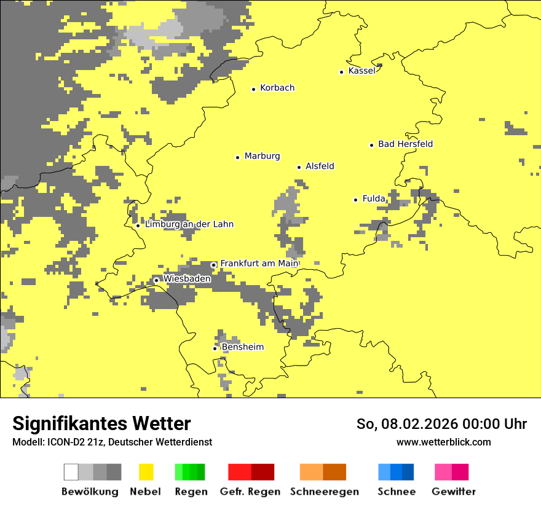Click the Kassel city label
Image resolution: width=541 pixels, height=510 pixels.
click(361, 71)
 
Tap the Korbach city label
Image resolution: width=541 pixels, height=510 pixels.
click(277, 88)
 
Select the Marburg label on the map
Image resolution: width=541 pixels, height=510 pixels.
click(262, 156)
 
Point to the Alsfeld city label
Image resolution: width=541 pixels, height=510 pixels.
click(320, 166)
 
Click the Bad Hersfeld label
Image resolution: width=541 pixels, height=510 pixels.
click(405, 144)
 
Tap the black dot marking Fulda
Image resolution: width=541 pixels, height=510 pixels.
click(355, 200)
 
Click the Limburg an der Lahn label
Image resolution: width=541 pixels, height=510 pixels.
click(189, 224)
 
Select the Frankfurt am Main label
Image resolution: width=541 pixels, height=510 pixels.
click(259, 263)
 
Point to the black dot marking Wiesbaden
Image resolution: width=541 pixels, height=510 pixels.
click(156, 280)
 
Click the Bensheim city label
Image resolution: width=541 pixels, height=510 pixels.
click(242, 347)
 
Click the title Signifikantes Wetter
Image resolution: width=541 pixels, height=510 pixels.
click(101, 423)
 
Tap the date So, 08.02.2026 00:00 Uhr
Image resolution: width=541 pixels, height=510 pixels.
click(441, 424)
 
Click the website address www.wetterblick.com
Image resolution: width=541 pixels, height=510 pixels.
click(443, 442)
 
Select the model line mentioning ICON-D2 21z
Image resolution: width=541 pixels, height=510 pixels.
click(112, 442)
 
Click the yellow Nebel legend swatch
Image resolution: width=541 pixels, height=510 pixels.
click(146, 472)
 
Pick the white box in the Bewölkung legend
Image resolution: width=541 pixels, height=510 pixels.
click(71, 472)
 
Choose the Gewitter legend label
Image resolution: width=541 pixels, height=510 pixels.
click(453, 492)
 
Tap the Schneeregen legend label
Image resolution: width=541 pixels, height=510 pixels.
click(323, 492)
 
